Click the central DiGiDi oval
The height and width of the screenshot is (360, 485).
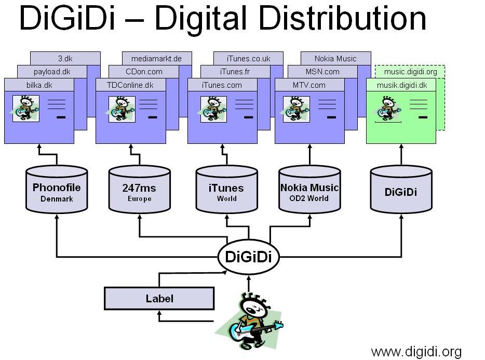(248, 256)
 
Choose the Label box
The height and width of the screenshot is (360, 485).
(159, 299)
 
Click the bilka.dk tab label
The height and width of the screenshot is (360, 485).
(39, 85)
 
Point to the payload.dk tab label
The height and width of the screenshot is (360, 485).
(52, 72)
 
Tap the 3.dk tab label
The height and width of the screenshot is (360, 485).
(65, 58)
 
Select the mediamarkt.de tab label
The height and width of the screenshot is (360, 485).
(157, 58)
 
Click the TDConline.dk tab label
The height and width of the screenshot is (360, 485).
(131, 85)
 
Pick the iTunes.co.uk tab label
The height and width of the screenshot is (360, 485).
(249, 58)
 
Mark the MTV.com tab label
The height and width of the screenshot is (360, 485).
(309, 85)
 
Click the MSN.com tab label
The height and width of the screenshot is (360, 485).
(322, 72)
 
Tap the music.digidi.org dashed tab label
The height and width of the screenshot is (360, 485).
(410, 72)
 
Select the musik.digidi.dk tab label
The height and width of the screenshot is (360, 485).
(401, 85)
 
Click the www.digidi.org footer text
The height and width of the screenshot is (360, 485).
(416, 351)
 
